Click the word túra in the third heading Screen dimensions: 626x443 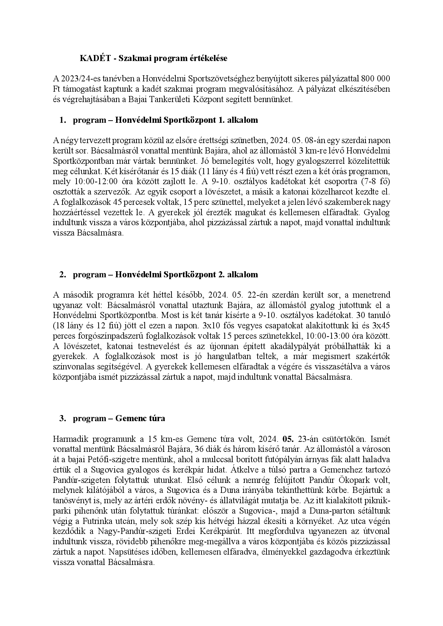tap(158, 418)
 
